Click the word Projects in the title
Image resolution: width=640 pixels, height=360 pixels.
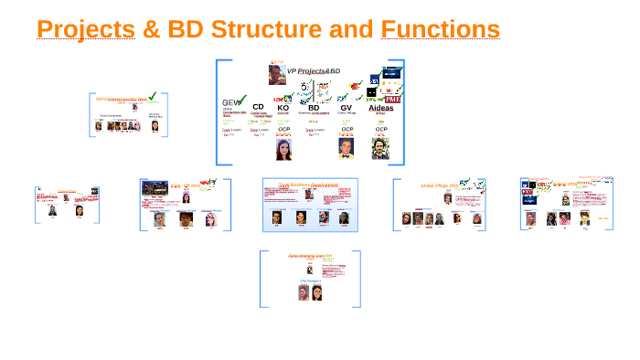[x=85, y=30]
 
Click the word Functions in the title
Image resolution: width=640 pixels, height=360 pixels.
[x=440, y=30]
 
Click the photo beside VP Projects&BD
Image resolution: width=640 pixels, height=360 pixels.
[x=276, y=73]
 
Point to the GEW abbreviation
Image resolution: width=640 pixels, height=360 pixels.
[x=230, y=103]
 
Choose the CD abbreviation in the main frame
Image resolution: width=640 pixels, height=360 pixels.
[x=258, y=107]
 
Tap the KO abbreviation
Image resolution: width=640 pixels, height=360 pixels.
[x=283, y=107]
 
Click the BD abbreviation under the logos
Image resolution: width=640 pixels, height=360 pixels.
[x=314, y=107]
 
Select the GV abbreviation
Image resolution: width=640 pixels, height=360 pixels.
[x=347, y=107]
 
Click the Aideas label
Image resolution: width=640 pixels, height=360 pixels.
[x=380, y=107]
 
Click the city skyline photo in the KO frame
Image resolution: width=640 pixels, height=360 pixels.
[x=155, y=187]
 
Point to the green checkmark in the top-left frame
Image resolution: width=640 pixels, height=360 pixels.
[x=154, y=97]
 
